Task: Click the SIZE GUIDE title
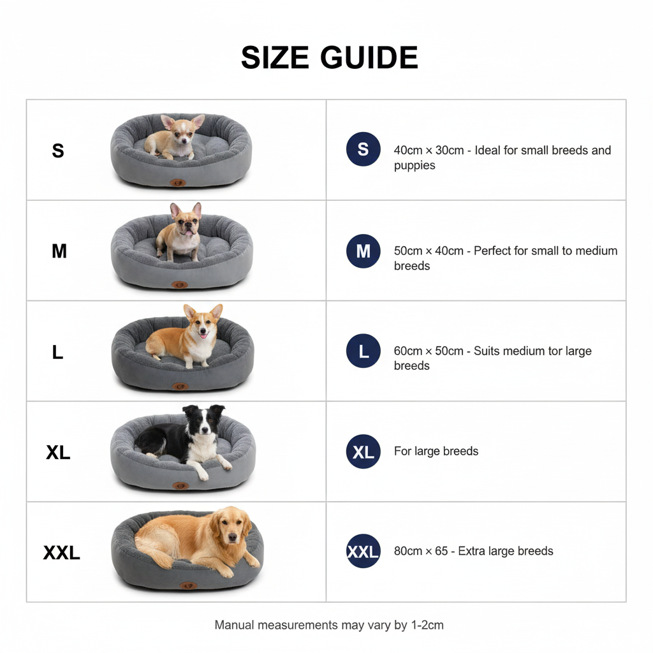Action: pos(329,58)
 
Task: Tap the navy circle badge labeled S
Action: pos(363,149)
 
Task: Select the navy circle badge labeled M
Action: pos(363,251)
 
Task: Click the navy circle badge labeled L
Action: pos(363,351)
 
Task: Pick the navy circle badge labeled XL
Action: pos(363,451)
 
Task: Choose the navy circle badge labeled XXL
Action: pos(363,552)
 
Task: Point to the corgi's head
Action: pos(203,323)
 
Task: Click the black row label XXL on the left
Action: pos(61,552)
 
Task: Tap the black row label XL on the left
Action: pos(58,452)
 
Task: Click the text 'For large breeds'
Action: pos(436,451)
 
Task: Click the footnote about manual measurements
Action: pos(328,625)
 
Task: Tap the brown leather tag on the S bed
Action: pos(178,183)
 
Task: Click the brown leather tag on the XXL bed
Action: pos(187,585)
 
